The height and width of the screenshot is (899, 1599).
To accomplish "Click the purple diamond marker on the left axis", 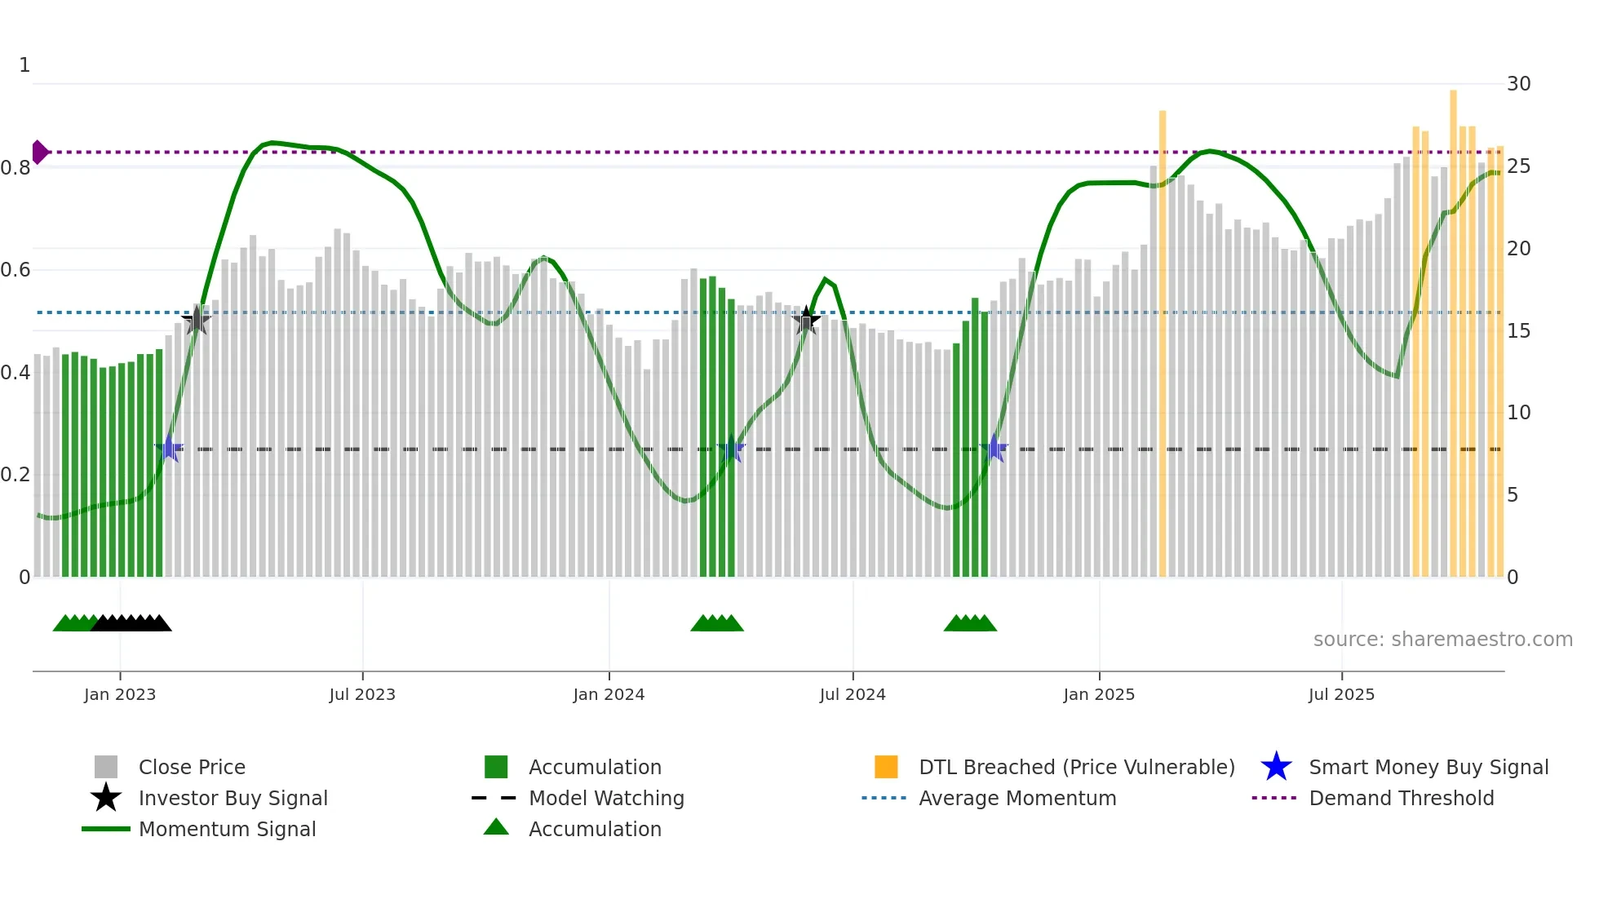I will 39,153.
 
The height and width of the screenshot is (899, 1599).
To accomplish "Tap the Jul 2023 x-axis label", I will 362,695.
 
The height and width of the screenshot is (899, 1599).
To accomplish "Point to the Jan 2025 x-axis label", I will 1099,695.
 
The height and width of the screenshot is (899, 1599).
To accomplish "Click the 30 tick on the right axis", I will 1518,84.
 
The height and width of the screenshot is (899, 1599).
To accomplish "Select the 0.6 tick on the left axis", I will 16,270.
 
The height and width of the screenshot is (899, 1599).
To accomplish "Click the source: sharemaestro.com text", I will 1442,640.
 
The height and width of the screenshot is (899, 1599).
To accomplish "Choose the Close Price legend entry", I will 192,768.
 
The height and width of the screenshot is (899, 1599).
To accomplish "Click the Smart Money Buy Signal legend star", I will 1276,768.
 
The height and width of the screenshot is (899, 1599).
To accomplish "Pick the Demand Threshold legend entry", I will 1401,799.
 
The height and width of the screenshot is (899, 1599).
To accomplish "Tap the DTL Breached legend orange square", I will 886,768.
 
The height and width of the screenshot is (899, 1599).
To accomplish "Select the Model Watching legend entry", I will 605,799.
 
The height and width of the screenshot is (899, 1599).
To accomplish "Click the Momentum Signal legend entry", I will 227,830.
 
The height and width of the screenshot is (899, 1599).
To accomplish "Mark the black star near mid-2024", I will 806,321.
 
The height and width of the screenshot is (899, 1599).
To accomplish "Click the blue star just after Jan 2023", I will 169,449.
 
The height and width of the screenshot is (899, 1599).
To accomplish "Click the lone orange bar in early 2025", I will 1163,343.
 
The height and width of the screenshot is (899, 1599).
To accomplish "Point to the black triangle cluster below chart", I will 131,624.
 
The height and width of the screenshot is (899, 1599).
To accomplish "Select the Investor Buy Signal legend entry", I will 233,799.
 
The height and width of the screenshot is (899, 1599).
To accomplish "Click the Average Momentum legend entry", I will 1017,799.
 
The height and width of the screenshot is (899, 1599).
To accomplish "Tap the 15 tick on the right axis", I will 1518,331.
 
